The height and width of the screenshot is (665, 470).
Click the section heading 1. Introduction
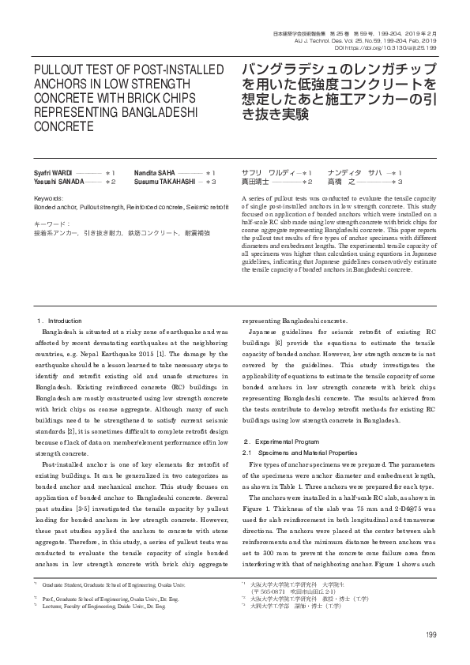point(60,321)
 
